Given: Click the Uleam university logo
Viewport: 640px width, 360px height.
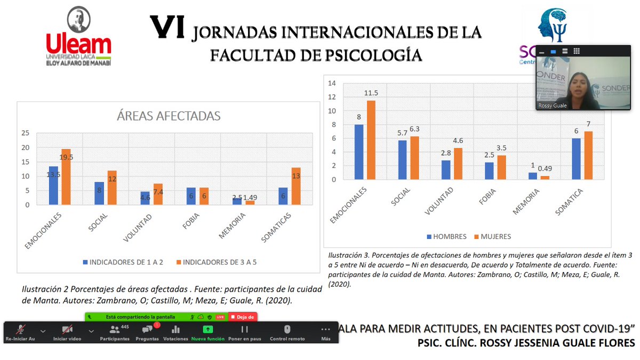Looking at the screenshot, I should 78,37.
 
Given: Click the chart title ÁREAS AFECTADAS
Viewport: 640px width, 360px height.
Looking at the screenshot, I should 169,116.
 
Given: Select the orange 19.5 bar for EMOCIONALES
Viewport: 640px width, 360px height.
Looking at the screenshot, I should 66,177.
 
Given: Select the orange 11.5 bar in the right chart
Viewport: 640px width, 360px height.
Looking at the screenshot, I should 371,140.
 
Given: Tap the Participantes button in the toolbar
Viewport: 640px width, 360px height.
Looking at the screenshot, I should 115,332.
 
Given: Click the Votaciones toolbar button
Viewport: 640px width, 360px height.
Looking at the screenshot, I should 175,332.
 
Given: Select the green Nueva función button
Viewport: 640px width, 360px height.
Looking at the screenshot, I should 208,332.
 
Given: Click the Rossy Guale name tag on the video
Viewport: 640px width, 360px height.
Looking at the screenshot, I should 552,106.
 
